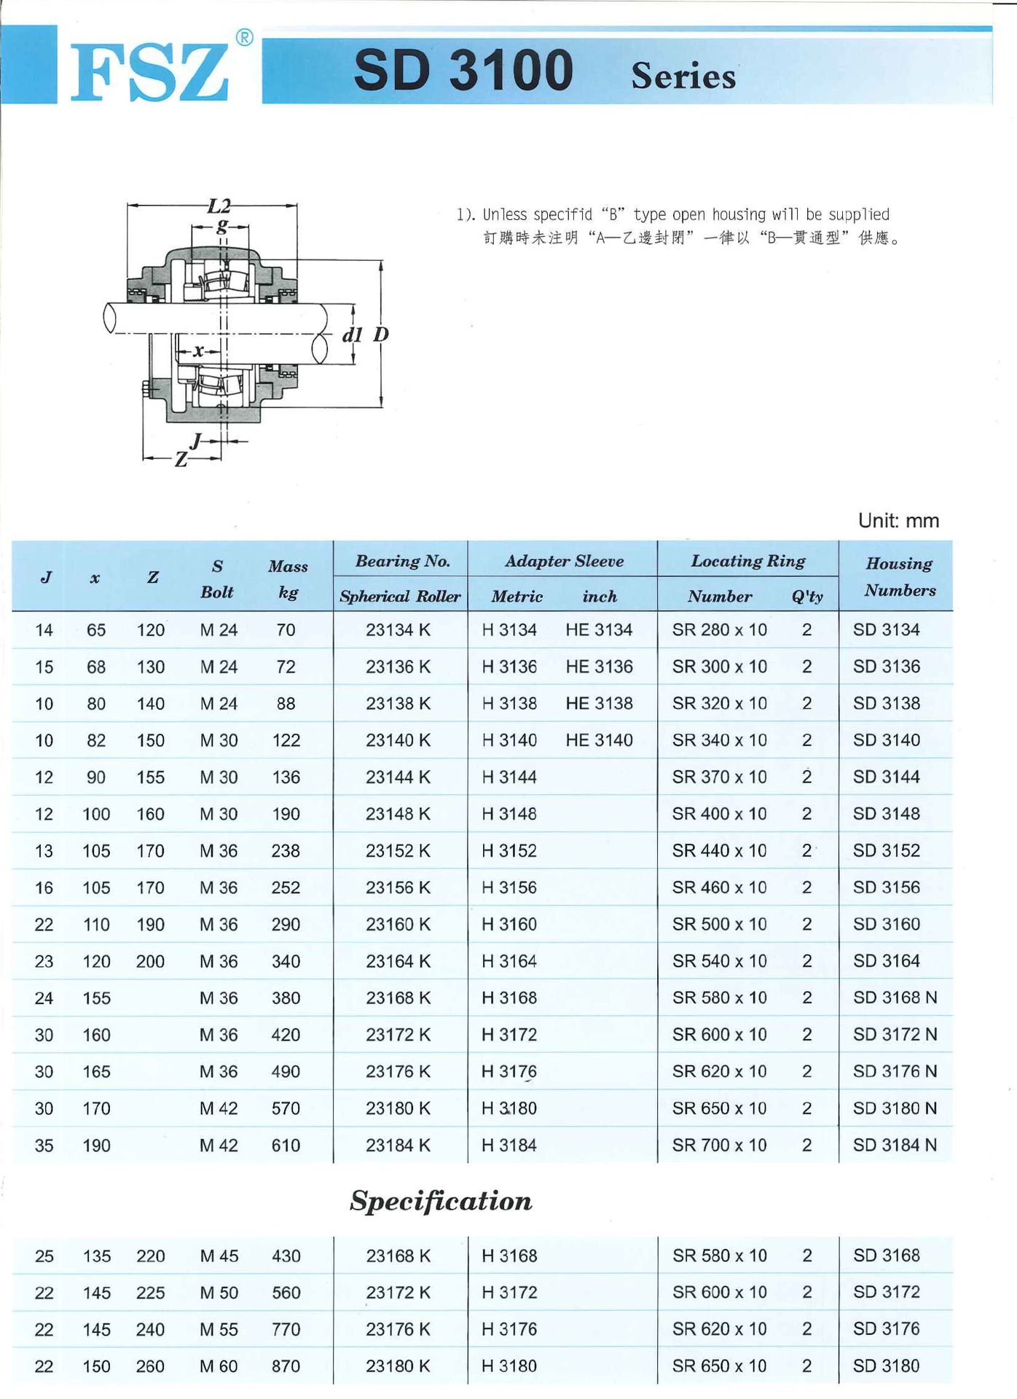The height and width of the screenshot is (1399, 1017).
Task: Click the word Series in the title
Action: coord(683,77)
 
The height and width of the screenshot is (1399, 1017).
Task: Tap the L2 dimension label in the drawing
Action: coord(219,206)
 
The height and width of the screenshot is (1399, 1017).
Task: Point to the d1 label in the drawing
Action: coord(353,334)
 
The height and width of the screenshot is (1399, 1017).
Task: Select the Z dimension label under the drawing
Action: coord(181,459)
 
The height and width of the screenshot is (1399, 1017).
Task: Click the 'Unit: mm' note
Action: coord(898,520)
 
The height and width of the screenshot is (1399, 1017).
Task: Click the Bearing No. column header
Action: coord(402,561)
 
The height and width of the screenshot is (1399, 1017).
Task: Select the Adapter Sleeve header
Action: coord(564,561)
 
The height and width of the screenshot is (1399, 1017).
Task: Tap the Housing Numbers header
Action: coord(899,576)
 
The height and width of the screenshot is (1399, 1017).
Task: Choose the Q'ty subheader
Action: coord(807,596)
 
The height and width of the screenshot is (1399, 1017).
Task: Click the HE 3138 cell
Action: coord(599,703)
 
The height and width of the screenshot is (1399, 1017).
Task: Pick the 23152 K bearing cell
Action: coord(398,850)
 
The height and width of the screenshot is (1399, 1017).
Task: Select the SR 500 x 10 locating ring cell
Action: coord(719,924)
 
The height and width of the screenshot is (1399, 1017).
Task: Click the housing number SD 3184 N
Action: coord(895,1145)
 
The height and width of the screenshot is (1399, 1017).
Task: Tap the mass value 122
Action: coord(286,740)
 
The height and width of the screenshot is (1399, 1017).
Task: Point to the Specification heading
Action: coord(441,1201)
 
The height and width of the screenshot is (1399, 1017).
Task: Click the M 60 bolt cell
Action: coord(219,1366)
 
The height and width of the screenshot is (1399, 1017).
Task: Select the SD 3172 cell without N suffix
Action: coord(886,1292)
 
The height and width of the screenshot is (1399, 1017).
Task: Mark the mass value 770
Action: coord(286,1329)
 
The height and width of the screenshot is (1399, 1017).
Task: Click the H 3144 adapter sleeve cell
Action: coord(509,777)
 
